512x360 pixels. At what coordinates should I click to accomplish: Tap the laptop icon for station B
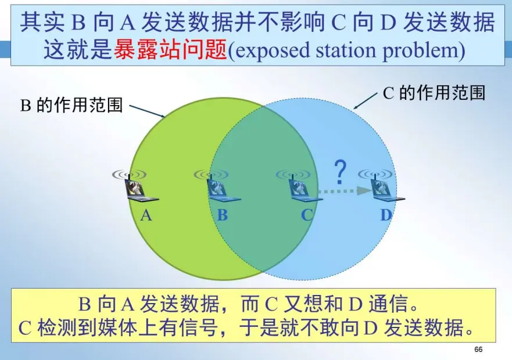tap(221, 189)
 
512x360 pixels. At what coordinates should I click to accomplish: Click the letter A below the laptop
tap(146, 215)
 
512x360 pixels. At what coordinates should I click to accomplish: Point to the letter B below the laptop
tap(222, 215)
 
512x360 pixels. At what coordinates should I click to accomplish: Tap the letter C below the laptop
tap(307, 215)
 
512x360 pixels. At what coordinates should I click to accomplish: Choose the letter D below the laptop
tap(386, 215)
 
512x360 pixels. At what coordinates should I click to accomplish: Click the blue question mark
tap(341, 172)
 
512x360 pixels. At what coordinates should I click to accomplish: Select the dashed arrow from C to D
tap(344, 190)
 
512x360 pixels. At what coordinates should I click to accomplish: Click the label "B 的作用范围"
tap(72, 105)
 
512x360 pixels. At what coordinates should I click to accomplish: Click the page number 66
tap(478, 350)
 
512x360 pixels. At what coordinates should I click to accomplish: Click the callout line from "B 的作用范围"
tap(148, 110)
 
